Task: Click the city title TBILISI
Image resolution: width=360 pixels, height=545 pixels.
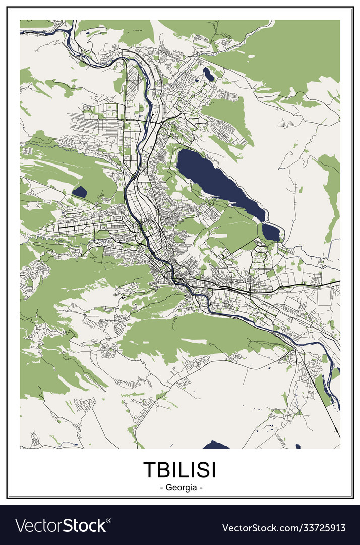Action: click(x=180, y=469)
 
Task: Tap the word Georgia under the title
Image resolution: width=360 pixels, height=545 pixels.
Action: click(x=180, y=488)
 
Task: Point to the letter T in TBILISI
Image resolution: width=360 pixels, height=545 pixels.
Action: click(x=150, y=469)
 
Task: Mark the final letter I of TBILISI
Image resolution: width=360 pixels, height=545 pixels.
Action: click(x=213, y=469)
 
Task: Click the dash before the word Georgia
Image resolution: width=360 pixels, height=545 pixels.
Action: click(x=161, y=488)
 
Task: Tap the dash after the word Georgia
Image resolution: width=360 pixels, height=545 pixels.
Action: click(x=201, y=488)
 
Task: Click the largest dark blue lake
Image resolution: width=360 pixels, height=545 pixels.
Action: click(x=217, y=182)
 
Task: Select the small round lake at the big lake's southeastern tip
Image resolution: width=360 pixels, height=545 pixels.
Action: click(x=271, y=232)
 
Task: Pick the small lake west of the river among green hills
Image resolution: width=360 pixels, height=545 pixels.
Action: click(x=80, y=191)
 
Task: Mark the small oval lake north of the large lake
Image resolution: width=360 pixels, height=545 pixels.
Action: click(x=208, y=74)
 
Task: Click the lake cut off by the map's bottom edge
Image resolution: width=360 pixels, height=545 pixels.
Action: click(x=216, y=445)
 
